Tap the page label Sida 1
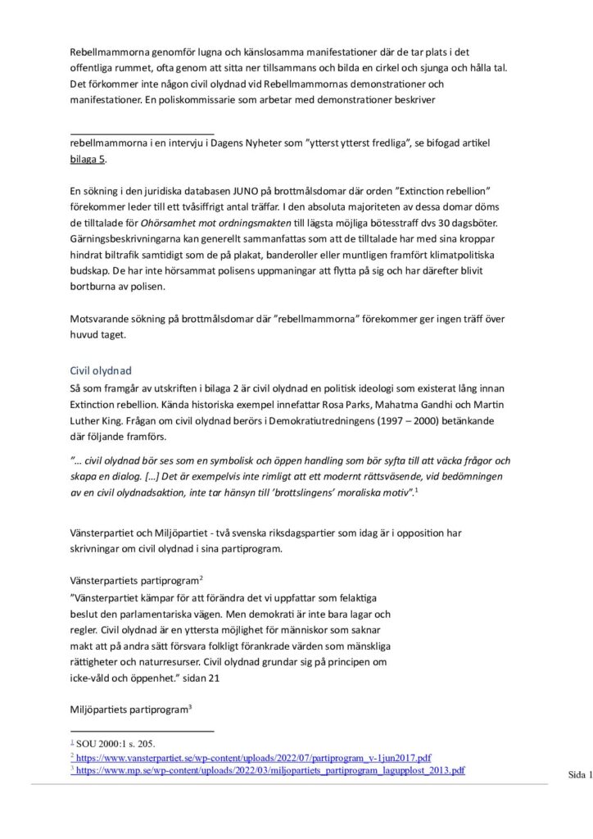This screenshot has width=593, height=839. pos(579,774)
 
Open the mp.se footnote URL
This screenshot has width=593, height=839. pos(271,771)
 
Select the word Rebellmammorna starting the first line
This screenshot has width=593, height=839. pos(111,51)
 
